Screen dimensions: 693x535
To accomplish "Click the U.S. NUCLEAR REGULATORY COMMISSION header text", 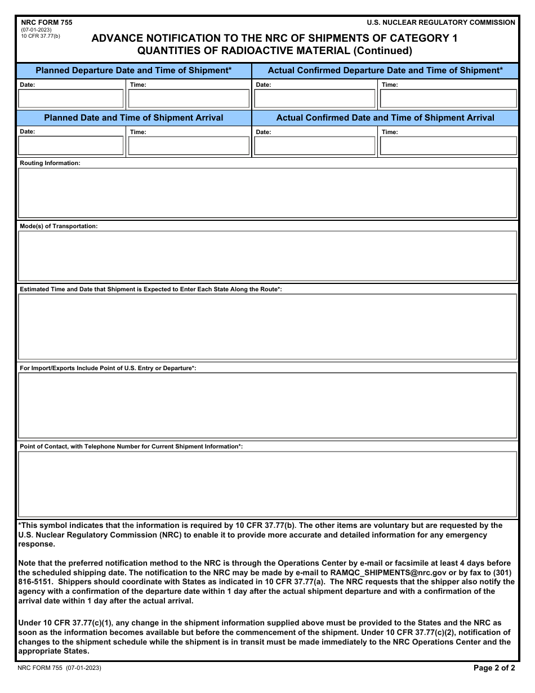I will click(x=440, y=23).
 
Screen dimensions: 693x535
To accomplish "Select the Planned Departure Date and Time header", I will click(x=133, y=70).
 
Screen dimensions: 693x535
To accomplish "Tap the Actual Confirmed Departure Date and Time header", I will click(x=385, y=70).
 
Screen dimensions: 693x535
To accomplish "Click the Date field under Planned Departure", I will click(x=71, y=99).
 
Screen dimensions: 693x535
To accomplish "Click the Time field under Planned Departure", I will click(x=189, y=99).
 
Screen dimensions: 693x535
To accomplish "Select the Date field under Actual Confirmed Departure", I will click(x=314, y=99).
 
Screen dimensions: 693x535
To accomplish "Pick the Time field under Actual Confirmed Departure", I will click(x=448, y=99).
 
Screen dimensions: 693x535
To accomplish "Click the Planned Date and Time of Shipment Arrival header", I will click(x=133, y=118).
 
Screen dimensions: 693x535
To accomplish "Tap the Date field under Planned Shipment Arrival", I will click(x=71, y=146).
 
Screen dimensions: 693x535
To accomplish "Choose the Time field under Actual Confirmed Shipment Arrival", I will click(x=448, y=146).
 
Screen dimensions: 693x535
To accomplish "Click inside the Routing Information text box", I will click(x=267, y=193).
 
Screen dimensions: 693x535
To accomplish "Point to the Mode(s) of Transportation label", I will click(x=59, y=226).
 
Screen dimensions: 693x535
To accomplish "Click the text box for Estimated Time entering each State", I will click(x=267, y=326).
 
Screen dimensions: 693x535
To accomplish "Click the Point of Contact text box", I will click(x=267, y=484).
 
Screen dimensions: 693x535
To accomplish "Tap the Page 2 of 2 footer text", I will click(x=494, y=668).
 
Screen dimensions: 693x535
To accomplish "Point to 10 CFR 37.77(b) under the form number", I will click(x=41, y=36).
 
